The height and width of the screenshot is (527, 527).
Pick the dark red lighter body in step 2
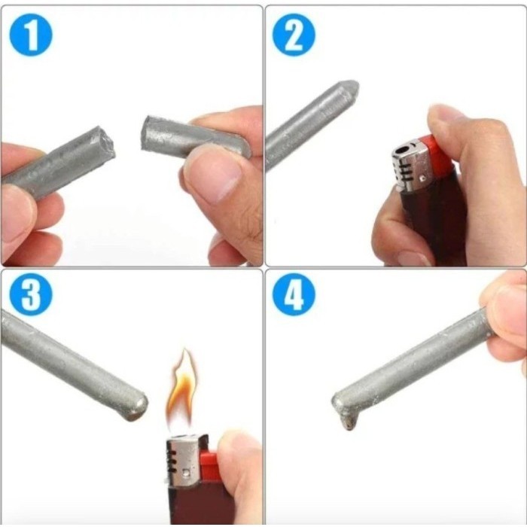[425, 226]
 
